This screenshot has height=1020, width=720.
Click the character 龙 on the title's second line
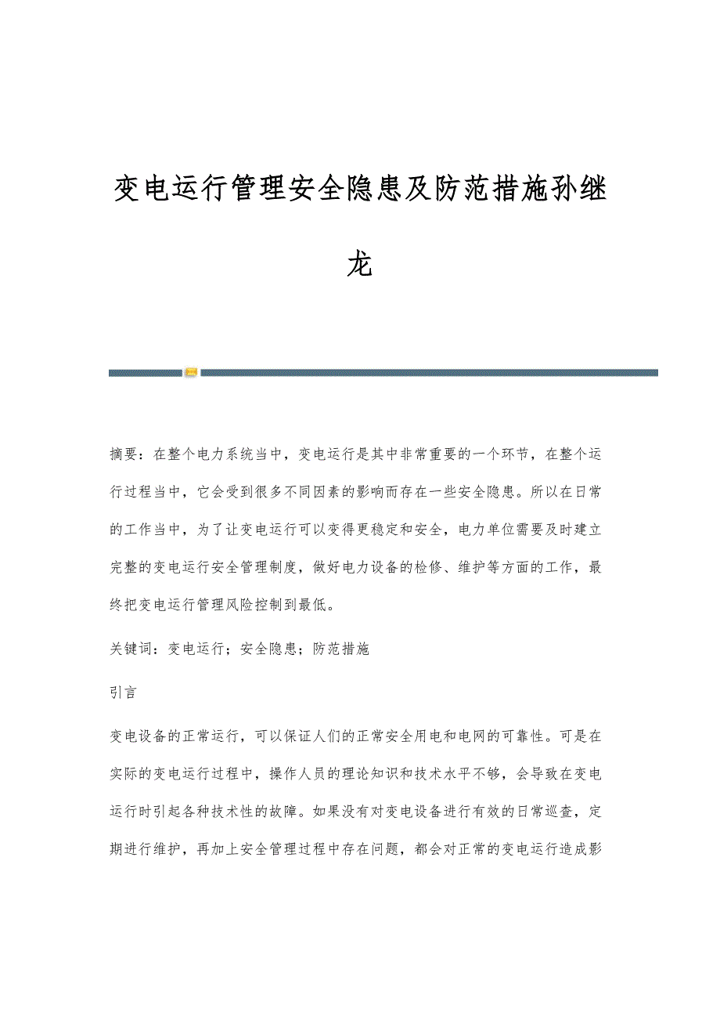[359, 265]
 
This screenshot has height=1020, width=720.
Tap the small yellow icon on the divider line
[191, 373]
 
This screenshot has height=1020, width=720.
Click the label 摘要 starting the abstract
[124, 454]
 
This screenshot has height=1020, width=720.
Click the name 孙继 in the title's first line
[579, 189]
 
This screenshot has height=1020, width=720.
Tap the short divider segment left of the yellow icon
[145, 373]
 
